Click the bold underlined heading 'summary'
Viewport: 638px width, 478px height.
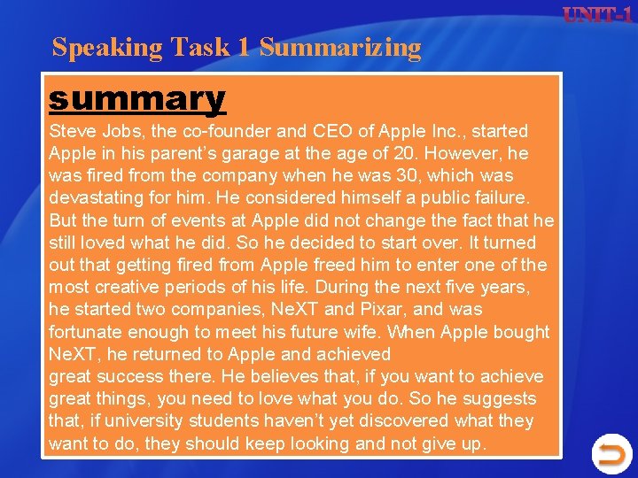pos(137,98)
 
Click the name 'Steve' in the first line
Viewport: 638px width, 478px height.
pos(72,132)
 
